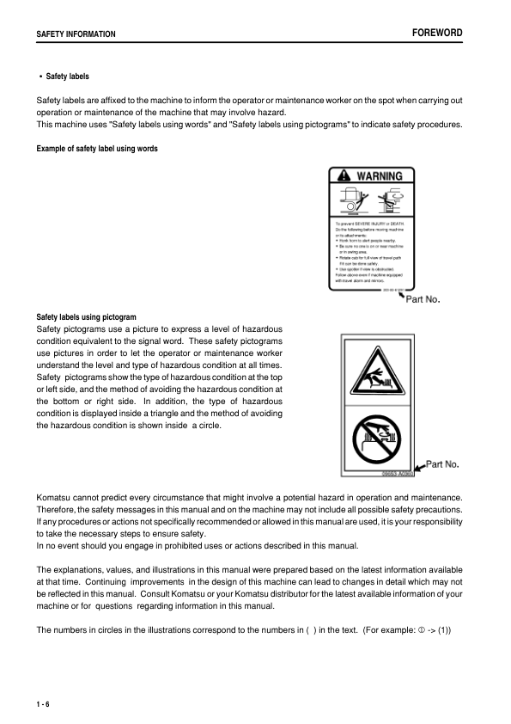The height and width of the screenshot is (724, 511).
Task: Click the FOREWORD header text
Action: (x=437, y=33)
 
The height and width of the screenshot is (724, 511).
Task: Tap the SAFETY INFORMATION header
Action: (x=76, y=34)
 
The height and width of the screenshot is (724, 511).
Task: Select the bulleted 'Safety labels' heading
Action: (x=65, y=77)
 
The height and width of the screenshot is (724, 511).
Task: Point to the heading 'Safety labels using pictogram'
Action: (x=86, y=317)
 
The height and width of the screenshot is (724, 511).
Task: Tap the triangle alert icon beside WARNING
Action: (x=345, y=176)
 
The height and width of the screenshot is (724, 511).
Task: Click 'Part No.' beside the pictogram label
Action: (x=442, y=464)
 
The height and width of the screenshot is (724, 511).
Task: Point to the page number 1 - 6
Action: (x=43, y=705)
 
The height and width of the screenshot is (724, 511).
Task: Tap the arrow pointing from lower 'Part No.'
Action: (x=419, y=467)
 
